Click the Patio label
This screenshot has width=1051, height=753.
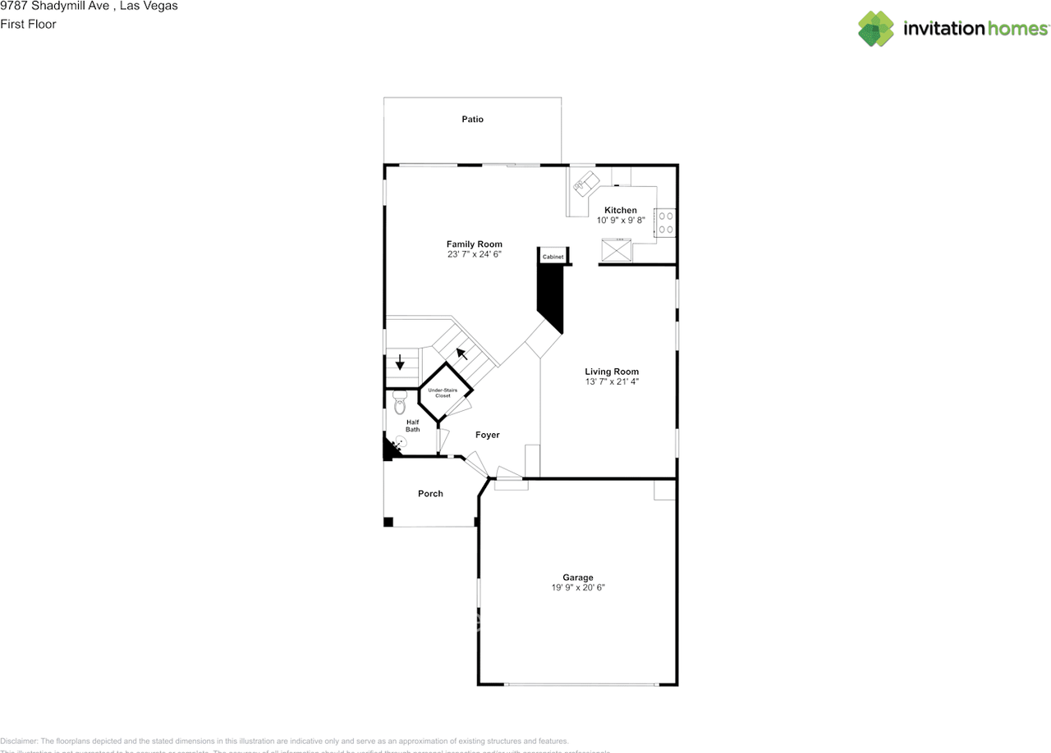tap(472, 120)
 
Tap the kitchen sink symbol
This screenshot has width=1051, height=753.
tap(586, 184)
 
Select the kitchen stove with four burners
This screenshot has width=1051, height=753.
tap(665, 223)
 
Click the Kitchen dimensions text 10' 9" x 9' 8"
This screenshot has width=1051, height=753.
tap(621, 221)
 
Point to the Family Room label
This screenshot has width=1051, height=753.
tap(474, 244)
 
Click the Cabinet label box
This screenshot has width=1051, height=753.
tap(553, 258)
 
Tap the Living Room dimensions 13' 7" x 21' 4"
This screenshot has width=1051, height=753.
tap(611, 381)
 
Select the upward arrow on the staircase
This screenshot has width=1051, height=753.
tap(462, 354)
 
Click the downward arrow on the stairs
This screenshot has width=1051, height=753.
tap(400, 362)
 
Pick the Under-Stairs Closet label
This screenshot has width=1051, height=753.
tap(443, 393)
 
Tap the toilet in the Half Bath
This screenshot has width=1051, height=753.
tap(400, 401)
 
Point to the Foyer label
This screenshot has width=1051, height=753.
tap(487, 436)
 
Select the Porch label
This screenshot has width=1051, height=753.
tap(430, 494)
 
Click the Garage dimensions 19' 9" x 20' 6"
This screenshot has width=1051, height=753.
tap(578, 587)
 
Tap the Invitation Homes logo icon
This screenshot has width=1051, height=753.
tap(875, 29)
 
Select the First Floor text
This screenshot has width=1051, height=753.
tap(28, 25)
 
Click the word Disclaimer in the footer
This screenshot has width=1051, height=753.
tap(19, 741)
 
